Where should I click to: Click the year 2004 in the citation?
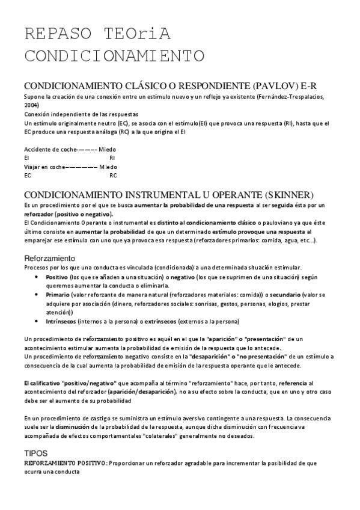(x=31, y=105)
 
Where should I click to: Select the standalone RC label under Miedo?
(x=113, y=176)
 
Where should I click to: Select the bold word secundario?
(x=287, y=295)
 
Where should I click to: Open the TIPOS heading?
(x=35, y=453)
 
